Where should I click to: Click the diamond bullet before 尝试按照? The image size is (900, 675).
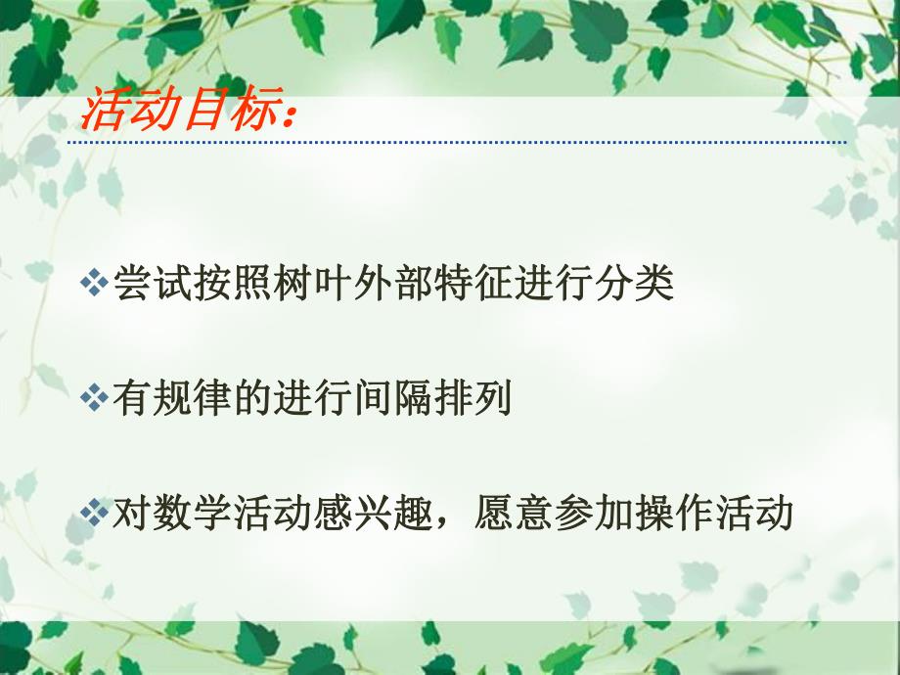click(95, 284)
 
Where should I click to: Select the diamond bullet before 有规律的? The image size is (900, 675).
click(95, 398)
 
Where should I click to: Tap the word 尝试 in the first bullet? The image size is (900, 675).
click(153, 284)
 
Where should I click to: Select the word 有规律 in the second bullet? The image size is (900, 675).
click(173, 398)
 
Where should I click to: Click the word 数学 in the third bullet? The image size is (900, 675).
click(192, 513)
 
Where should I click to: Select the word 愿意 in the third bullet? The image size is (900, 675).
click(514, 513)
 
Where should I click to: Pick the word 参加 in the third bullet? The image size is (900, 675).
click(594, 513)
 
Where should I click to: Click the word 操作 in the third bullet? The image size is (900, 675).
click(674, 513)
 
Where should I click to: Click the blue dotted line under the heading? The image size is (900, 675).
click(456, 143)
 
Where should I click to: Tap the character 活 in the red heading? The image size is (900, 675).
click(103, 112)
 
